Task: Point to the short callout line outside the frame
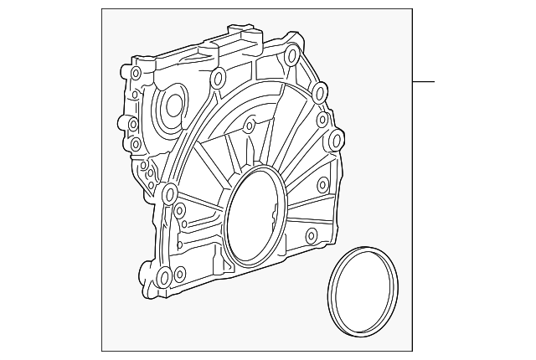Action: [x=424, y=82]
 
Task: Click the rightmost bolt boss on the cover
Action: [x=336, y=139]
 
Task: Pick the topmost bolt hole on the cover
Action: [x=291, y=58]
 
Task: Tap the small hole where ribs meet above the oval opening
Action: [x=249, y=126]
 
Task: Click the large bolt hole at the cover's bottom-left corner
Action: [x=163, y=276]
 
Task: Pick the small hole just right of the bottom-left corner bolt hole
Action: [x=179, y=272]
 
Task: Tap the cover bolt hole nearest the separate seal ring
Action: [x=311, y=235]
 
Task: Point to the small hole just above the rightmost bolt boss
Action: [x=322, y=121]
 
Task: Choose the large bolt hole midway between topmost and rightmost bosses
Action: [x=317, y=91]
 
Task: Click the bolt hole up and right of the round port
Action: [x=218, y=80]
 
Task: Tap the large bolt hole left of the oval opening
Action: [x=170, y=195]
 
